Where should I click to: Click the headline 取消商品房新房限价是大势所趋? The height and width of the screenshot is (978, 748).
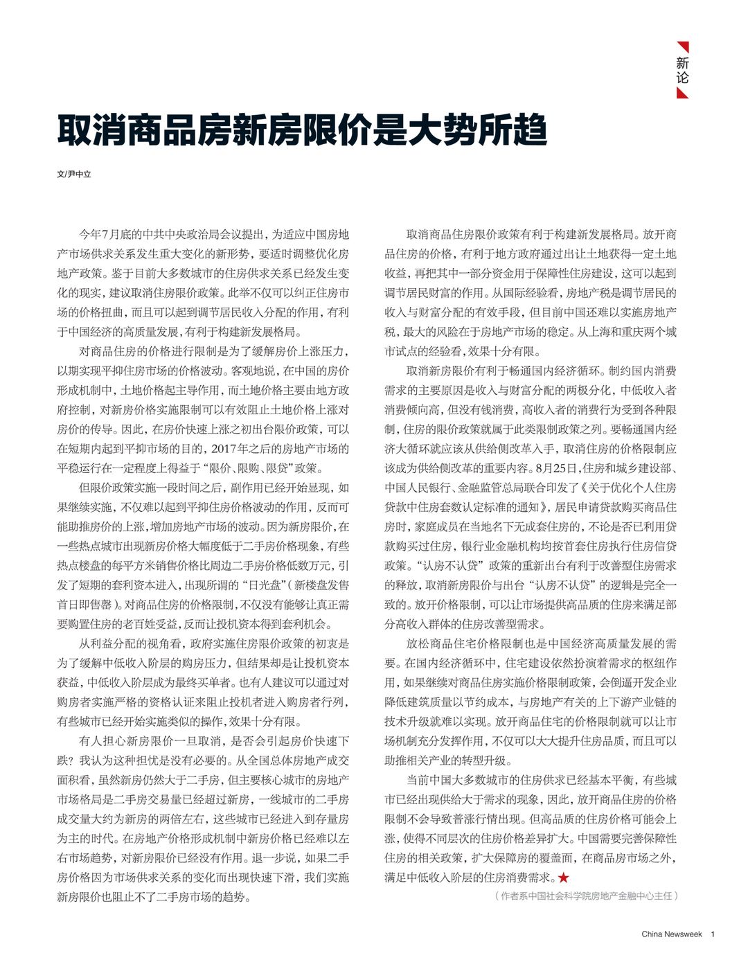point(302,131)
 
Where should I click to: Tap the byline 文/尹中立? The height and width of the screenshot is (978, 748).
point(74,175)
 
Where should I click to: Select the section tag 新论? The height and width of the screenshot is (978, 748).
point(682,70)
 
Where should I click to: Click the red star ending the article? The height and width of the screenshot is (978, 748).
point(564,878)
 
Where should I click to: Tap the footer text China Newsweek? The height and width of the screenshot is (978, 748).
point(671,934)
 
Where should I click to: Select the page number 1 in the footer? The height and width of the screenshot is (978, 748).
point(713,934)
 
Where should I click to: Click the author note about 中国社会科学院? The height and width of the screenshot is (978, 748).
point(586,896)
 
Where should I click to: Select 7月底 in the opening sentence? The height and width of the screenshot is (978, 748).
point(113,235)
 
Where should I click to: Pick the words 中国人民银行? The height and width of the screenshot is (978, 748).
point(416,488)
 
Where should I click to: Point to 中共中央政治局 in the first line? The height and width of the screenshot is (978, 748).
point(177,235)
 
